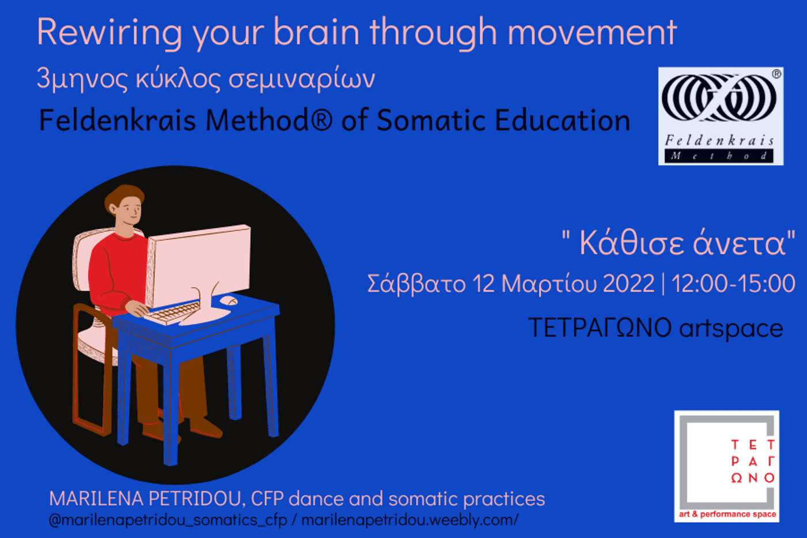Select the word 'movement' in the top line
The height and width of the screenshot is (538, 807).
tap(592, 32)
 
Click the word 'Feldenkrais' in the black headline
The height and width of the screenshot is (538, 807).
tap(118, 120)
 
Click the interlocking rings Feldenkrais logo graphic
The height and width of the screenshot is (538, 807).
tap(719, 97)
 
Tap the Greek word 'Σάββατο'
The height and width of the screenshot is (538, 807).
tap(417, 284)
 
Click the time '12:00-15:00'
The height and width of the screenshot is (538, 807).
tap(733, 283)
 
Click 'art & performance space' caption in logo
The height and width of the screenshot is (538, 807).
tap(727, 514)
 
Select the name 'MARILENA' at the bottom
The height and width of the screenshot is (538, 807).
tap(97, 499)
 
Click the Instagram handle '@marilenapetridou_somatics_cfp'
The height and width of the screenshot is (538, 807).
tap(168, 520)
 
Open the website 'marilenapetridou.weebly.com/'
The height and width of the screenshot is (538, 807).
tap(410, 520)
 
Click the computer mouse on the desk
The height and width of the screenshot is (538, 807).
tap(229, 300)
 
